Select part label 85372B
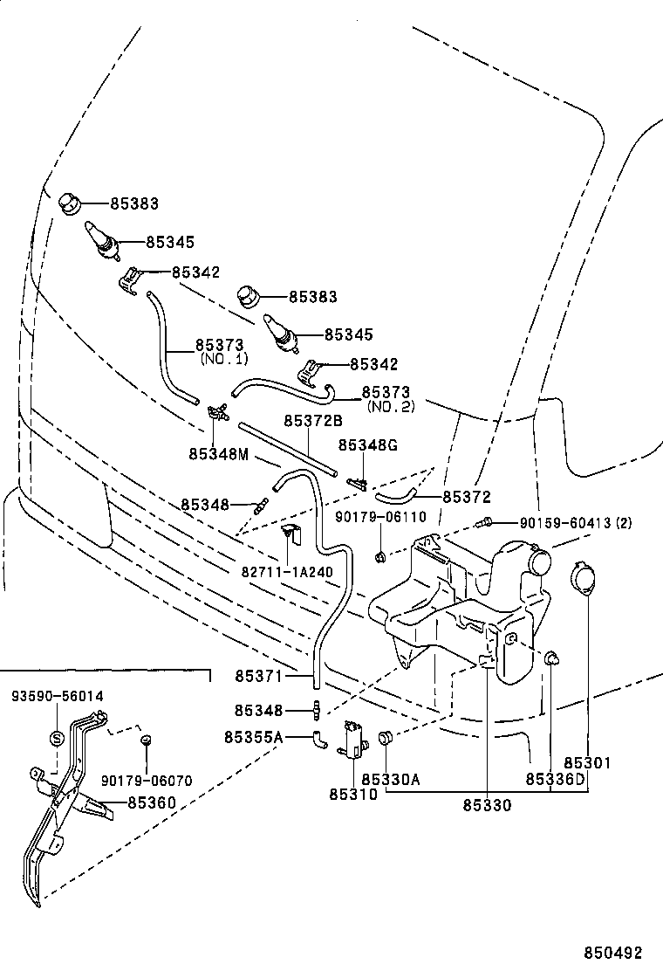311,421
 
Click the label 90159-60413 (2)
575,523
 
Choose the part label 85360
152,802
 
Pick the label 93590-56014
57,696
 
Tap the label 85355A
253,738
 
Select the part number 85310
353,794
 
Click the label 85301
587,762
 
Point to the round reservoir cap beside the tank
582,581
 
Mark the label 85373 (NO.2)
386,400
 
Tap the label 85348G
367,445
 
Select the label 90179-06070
147,781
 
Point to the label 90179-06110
380,517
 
